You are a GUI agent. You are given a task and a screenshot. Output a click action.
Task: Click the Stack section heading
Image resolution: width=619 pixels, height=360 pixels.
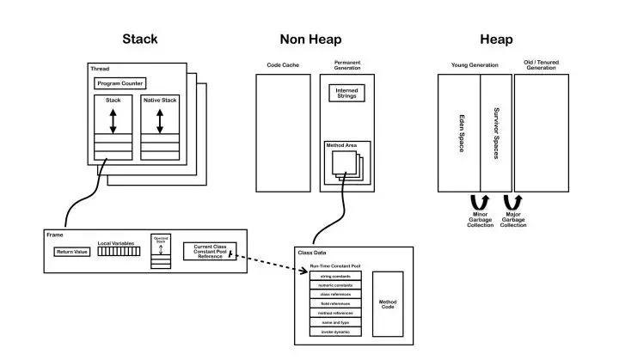[x=140, y=40]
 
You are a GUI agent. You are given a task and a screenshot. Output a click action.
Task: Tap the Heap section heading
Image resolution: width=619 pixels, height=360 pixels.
[x=497, y=40]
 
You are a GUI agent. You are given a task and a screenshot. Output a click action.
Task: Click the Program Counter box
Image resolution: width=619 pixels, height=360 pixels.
[x=120, y=83]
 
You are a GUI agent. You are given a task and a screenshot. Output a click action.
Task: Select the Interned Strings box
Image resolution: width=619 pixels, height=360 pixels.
[x=346, y=93]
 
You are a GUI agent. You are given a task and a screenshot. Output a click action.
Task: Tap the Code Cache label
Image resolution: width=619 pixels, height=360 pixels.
[x=282, y=65]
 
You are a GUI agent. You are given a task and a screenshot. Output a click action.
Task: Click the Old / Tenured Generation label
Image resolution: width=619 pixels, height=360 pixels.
[x=546, y=64]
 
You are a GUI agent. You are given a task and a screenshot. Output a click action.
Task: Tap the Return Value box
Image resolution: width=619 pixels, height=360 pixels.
[x=71, y=252]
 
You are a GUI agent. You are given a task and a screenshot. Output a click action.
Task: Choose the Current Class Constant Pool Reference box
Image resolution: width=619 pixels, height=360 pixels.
[x=209, y=251]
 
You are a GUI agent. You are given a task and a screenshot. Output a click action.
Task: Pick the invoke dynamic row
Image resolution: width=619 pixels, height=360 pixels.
[x=335, y=331]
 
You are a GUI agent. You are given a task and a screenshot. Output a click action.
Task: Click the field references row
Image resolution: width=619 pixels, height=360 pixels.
[x=335, y=302]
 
